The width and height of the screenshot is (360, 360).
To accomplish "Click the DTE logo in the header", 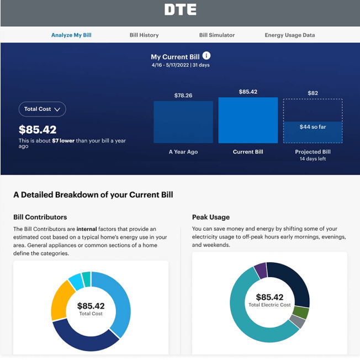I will point(180,10).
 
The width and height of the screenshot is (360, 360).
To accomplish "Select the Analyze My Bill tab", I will point(71,35).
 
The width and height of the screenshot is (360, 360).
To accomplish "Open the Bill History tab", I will point(144,35).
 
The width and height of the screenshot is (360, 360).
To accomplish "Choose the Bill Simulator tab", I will point(217,35).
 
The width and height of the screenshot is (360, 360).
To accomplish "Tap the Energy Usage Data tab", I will point(290,35).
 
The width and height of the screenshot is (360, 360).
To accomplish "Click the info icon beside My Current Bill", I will point(207,56).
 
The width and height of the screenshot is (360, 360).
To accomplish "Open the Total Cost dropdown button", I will point(42,109).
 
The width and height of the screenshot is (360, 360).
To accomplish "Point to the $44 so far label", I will point(313,127).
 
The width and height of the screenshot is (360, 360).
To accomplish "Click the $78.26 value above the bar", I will point(183,96).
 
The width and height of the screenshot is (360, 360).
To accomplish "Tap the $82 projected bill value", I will point(313,93).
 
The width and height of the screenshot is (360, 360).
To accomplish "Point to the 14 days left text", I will point(313,159).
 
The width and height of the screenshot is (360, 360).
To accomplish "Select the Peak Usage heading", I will point(211,217).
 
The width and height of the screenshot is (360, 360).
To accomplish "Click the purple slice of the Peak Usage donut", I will point(261,271).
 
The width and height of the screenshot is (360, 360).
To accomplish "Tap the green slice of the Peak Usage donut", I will point(301,313).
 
